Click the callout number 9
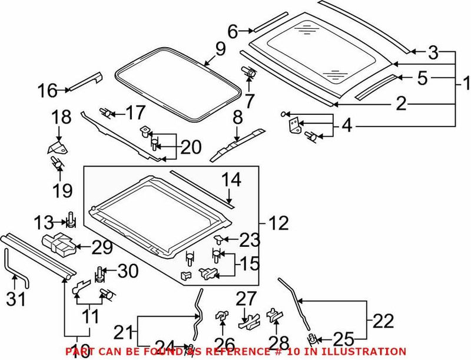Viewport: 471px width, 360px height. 220,49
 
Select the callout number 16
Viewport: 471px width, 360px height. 48,91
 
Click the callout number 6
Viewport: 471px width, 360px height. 233,31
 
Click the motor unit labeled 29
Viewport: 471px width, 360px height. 59,243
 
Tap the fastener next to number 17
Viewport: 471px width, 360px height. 107,111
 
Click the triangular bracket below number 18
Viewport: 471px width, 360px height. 55,147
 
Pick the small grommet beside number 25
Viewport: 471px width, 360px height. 313,338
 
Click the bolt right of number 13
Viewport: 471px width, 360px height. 71,219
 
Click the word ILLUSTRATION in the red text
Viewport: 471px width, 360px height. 366,351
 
